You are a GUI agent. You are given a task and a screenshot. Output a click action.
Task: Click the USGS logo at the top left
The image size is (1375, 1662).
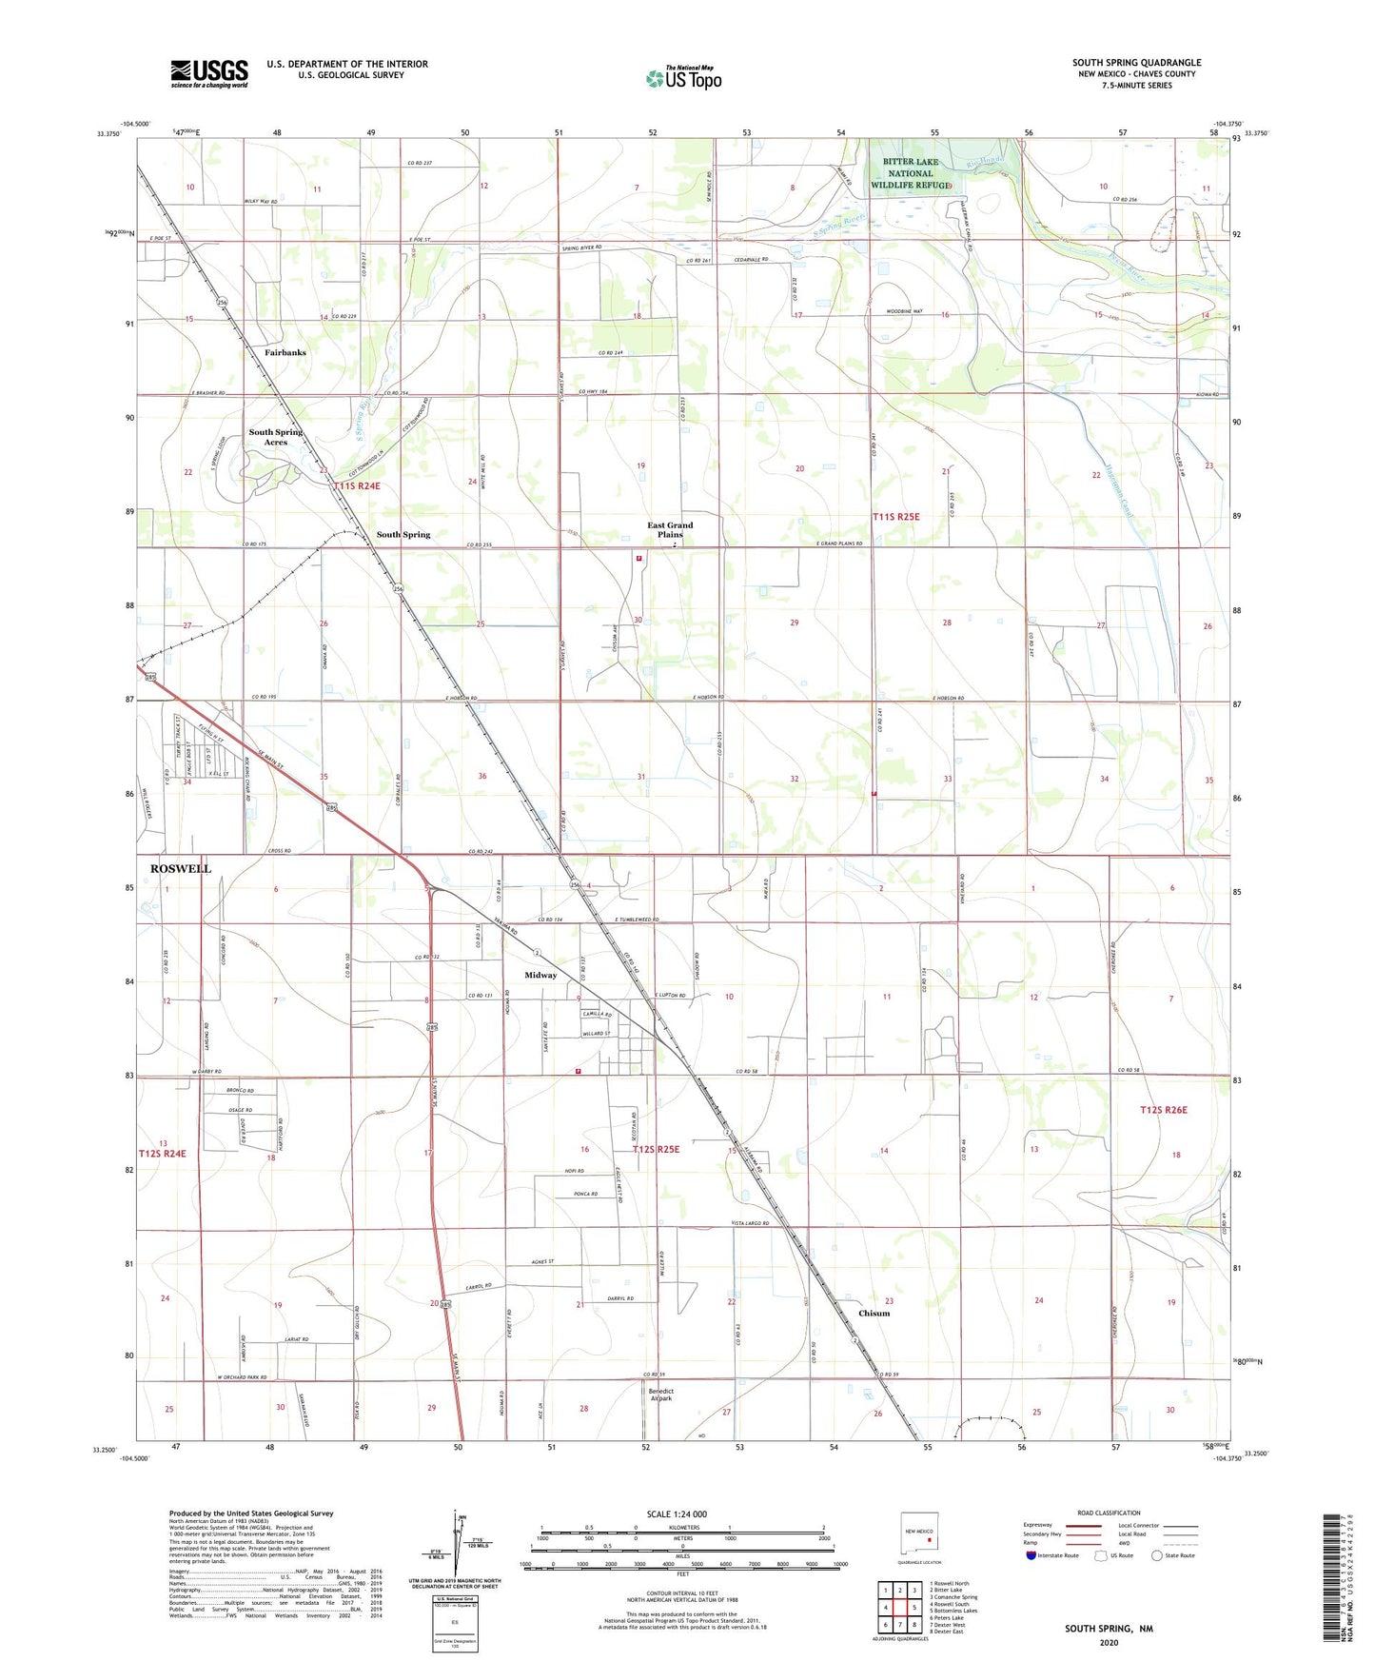pos(209,73)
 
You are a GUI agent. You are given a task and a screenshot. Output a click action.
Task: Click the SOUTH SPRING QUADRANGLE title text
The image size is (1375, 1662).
pos(1136,63)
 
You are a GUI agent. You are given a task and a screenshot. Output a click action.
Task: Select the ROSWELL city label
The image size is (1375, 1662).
pos(181,869)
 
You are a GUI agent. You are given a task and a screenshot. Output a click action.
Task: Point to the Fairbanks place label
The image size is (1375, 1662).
pos(285,352)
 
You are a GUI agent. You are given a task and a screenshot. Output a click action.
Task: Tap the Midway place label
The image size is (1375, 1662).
pos(540,976)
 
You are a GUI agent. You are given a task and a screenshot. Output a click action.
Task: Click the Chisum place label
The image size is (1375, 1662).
pos(874,1314)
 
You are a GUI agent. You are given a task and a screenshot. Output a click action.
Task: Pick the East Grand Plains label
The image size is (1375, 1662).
pos(670,529)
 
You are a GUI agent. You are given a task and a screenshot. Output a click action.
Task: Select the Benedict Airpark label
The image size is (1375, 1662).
pos(661,1395)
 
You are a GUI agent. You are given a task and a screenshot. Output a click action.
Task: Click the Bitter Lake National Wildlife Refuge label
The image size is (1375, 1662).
pos(910,173)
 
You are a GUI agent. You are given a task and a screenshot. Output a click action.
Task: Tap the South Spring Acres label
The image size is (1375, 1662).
pos(276,437)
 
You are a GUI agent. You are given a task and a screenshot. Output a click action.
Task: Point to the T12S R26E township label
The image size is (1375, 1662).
pos(1164,1110)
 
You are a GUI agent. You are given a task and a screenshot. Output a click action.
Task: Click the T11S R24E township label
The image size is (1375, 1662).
pos(357,486)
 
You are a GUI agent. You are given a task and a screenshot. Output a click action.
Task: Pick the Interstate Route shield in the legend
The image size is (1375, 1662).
pos(1031,1555)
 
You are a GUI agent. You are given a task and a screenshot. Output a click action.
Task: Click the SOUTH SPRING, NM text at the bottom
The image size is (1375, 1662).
pos(1109,1629)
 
